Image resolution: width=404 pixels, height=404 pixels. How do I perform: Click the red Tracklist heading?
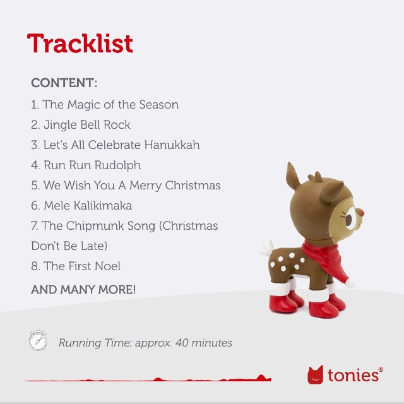tap(80, 44)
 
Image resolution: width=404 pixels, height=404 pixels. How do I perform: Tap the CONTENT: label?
tap(64, 83)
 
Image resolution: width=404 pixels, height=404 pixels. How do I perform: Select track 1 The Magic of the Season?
tap(105, 105)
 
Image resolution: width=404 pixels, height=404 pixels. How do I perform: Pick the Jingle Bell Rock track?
tap(81, 125)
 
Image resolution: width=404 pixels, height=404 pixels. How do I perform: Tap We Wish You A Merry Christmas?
tap(126, 186)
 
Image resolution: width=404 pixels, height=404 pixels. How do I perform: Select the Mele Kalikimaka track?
tap(81, 206)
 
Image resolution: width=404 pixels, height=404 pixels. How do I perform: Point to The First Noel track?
tap(76, 266)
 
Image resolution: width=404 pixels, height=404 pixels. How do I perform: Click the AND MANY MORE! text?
tap(83, 290)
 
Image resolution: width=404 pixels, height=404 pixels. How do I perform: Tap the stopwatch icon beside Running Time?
tap(38, 340)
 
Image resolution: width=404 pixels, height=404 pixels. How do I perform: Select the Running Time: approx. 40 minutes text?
tap(145, 343)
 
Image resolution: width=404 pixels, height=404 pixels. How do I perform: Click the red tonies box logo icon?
tap(315, 375)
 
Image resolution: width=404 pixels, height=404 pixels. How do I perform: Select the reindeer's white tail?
tap(266, 247)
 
